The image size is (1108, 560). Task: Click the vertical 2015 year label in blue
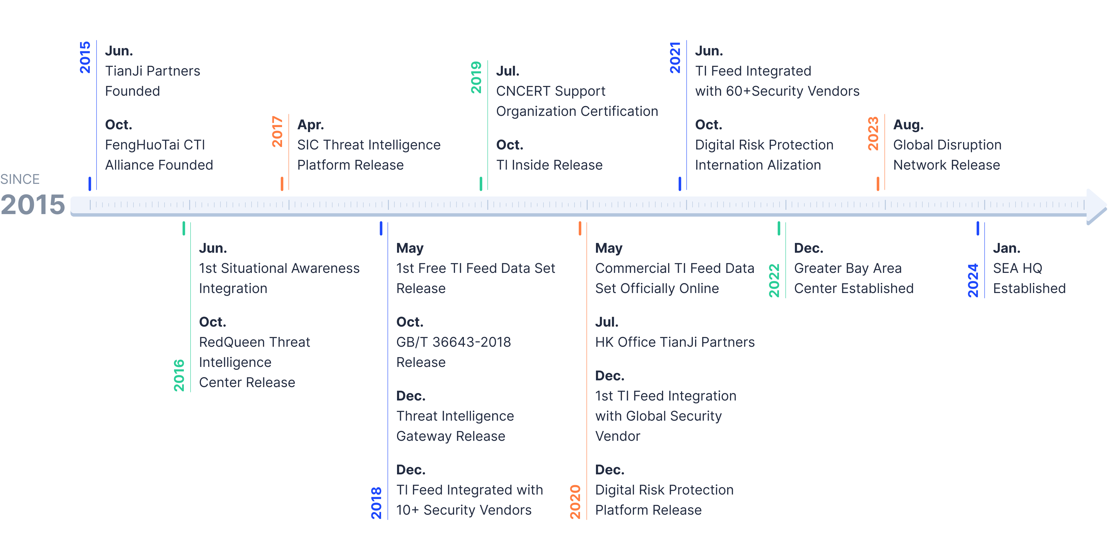[x=85, y=58]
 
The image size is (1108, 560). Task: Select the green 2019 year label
[x=476, y=78]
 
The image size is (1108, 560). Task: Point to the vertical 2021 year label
[x=675, y=58]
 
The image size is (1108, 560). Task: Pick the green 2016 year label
[x=179, y=375]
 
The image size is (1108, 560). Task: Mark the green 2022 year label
[x=774, y=280]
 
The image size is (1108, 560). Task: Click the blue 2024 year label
[x=973, y=280]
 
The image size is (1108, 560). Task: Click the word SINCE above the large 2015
[x=20, y=179]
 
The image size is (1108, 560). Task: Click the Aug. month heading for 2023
[x=908, y=125]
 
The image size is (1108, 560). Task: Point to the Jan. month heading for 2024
[x=1006, y=248]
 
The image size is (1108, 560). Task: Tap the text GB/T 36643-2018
[x=453, y=342]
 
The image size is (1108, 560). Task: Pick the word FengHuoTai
[x=142, y=145]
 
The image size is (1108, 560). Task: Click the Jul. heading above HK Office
[x=607, y=322]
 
